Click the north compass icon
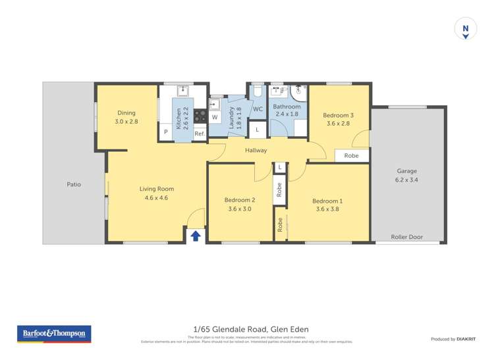click(466, 29)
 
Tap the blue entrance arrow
click(196, 236)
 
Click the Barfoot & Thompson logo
click(54, 334)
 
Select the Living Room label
click(157, 189)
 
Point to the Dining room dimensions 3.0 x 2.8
click(126, 122)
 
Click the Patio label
click(74, 184)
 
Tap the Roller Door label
click(407, 237)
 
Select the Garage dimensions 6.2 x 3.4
click(407, 180)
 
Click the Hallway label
click(256, 151)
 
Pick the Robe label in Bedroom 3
click(351, 156)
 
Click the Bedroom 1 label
click(327, 201)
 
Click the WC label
click(258, 109)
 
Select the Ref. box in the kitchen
click(200, 133)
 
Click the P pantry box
click(166, 132)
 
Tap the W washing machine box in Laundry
click(215, 117)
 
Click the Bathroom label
click(287, 107)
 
